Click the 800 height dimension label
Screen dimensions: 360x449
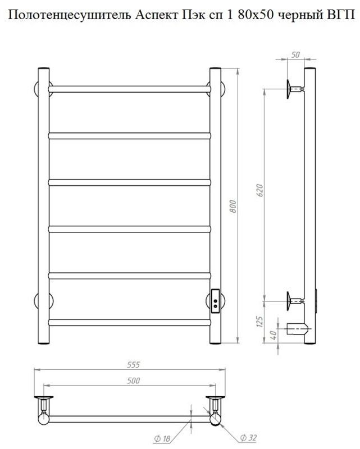233,206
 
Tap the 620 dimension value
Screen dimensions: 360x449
259,190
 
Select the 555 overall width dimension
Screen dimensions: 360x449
134,364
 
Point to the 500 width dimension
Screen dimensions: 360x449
134,381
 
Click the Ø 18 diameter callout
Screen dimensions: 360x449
162,438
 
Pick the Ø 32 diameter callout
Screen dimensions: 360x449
248,438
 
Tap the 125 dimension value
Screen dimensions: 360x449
259,322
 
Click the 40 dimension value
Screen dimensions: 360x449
273,333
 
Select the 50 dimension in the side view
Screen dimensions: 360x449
295,54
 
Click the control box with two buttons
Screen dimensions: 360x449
215,301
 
